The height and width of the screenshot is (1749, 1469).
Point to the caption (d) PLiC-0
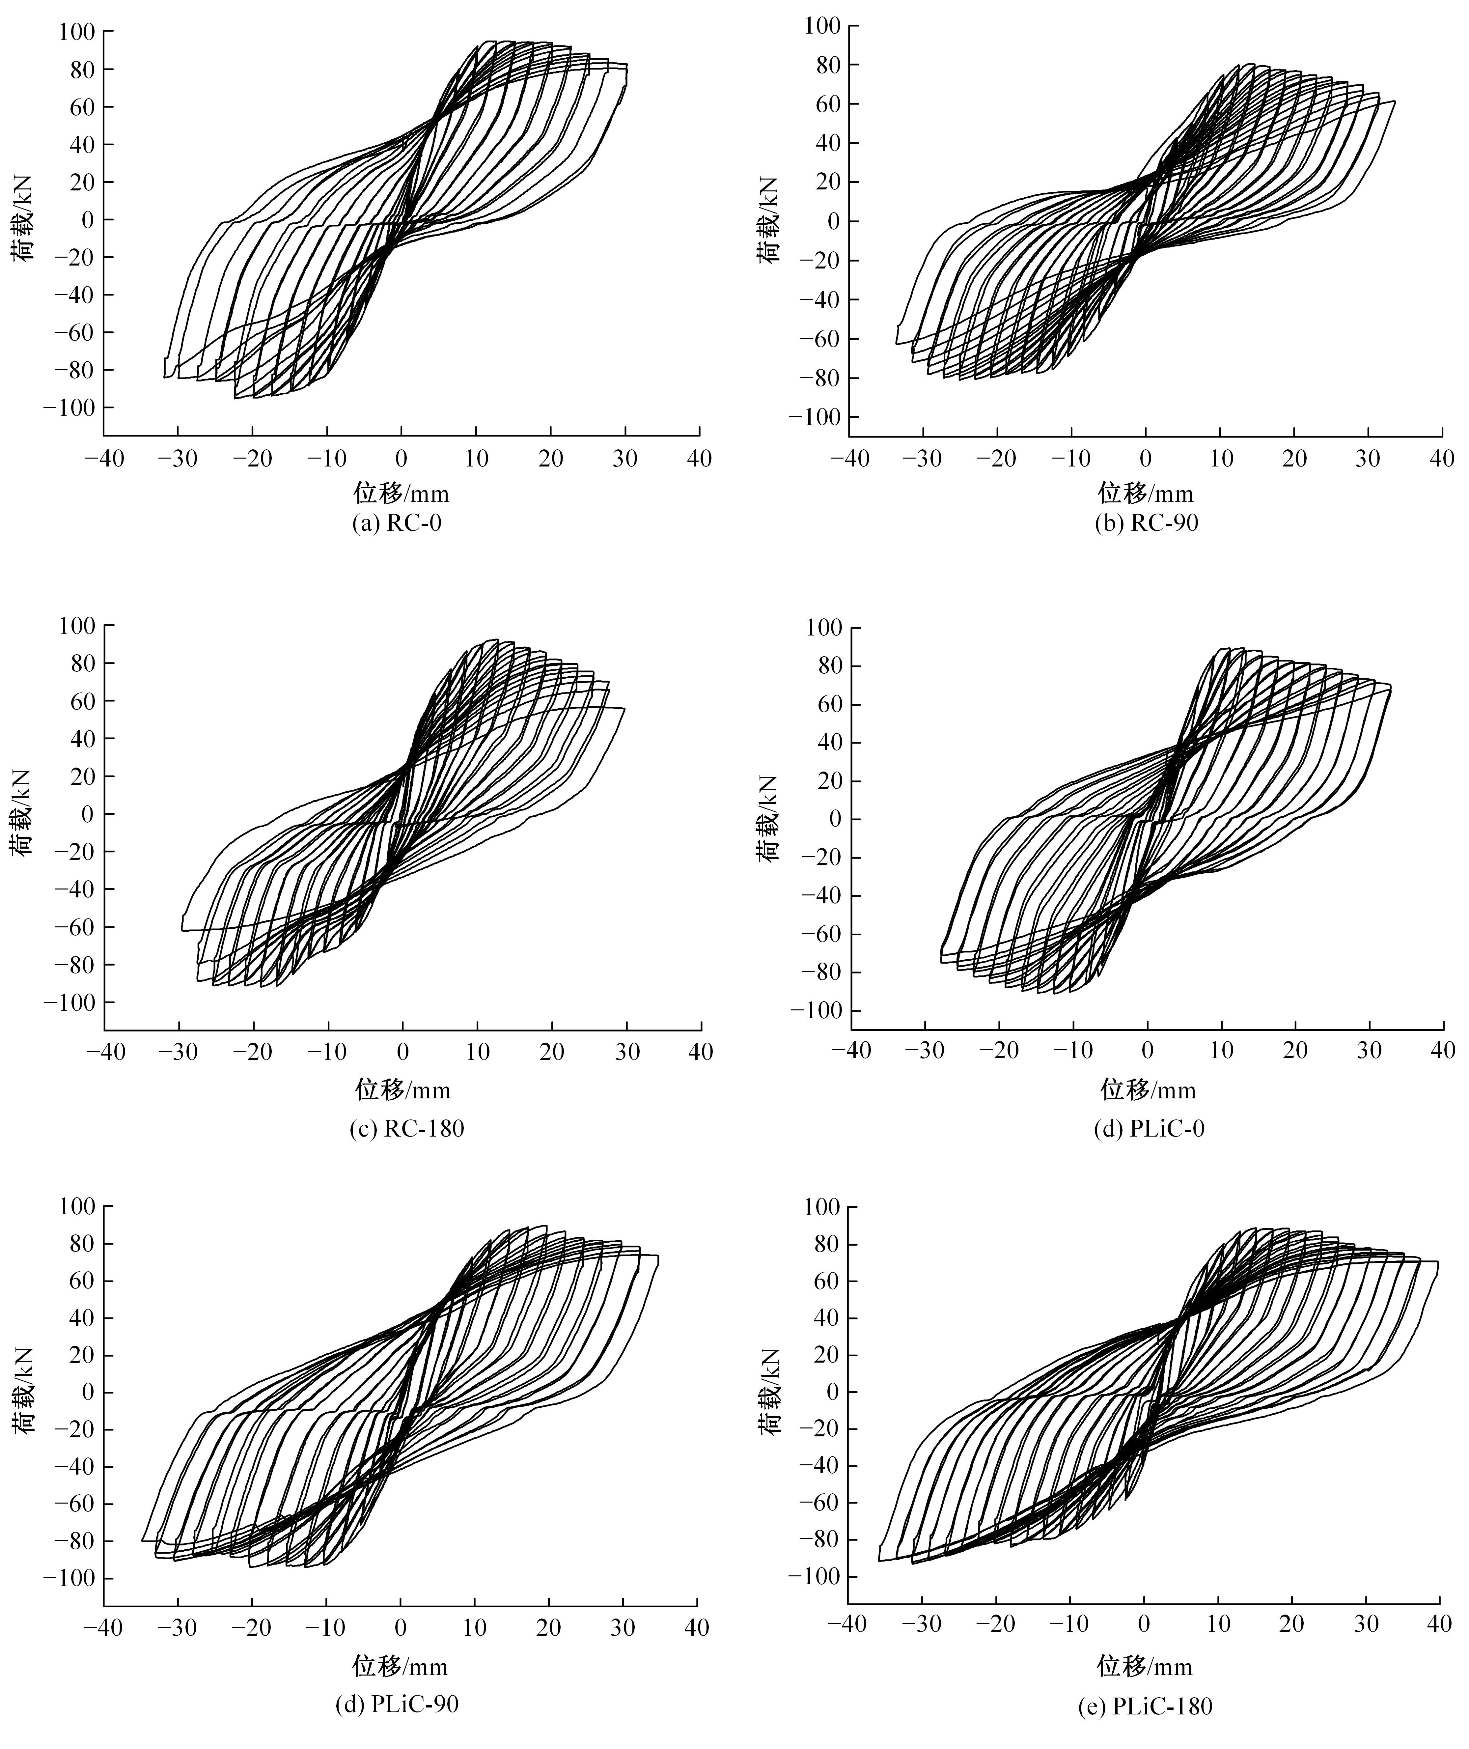pyautogui.click(x=1149, y=1129)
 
